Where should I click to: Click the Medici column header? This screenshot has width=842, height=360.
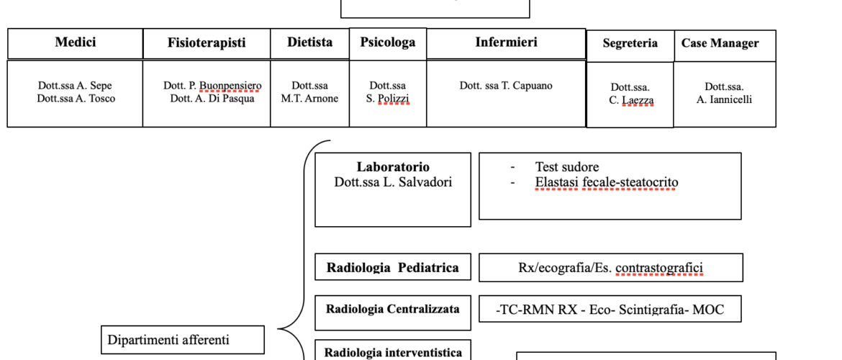(x=75, y=42)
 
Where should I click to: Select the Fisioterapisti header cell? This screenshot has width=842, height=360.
(x=207, y=43)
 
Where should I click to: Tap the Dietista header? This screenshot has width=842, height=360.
(x=309, y=42)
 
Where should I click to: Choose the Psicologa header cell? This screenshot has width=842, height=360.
(x=388, y=42)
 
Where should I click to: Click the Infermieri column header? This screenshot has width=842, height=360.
(x=506, y=42)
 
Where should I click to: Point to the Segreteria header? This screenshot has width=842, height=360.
(x=630, y=43)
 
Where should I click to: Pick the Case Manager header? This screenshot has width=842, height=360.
(x=720, y=43)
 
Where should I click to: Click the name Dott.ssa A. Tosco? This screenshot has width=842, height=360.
(x=76, y=99)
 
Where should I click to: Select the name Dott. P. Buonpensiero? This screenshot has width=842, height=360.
(x=212, y=86)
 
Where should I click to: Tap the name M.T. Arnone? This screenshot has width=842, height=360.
(x=309, y=99)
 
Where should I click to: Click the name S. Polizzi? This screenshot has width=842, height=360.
(x=387, y=99)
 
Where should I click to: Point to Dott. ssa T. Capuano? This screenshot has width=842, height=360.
(x=506, y=86)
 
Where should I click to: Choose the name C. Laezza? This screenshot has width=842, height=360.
(x=630, y=101)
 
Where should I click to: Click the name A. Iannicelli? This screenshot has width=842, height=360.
(x=724, y=100)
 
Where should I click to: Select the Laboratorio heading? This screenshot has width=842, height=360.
(x=393, y=167)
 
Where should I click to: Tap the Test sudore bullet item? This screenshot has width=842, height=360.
(x=567, y=167)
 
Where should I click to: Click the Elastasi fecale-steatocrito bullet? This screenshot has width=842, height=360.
(x=606, y=182)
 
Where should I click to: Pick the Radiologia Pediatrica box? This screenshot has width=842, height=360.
(x=393, y=268)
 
